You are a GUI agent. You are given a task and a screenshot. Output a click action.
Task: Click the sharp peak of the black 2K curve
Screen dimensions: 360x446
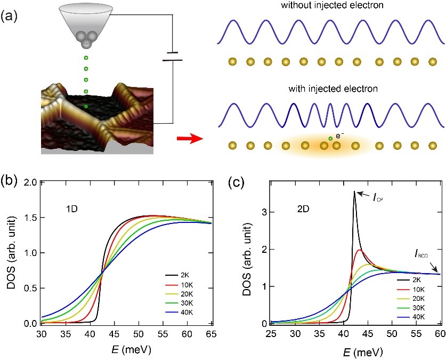(x=354, y=192)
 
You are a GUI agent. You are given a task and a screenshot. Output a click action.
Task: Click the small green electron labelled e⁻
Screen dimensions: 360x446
(x=330, y=139)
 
